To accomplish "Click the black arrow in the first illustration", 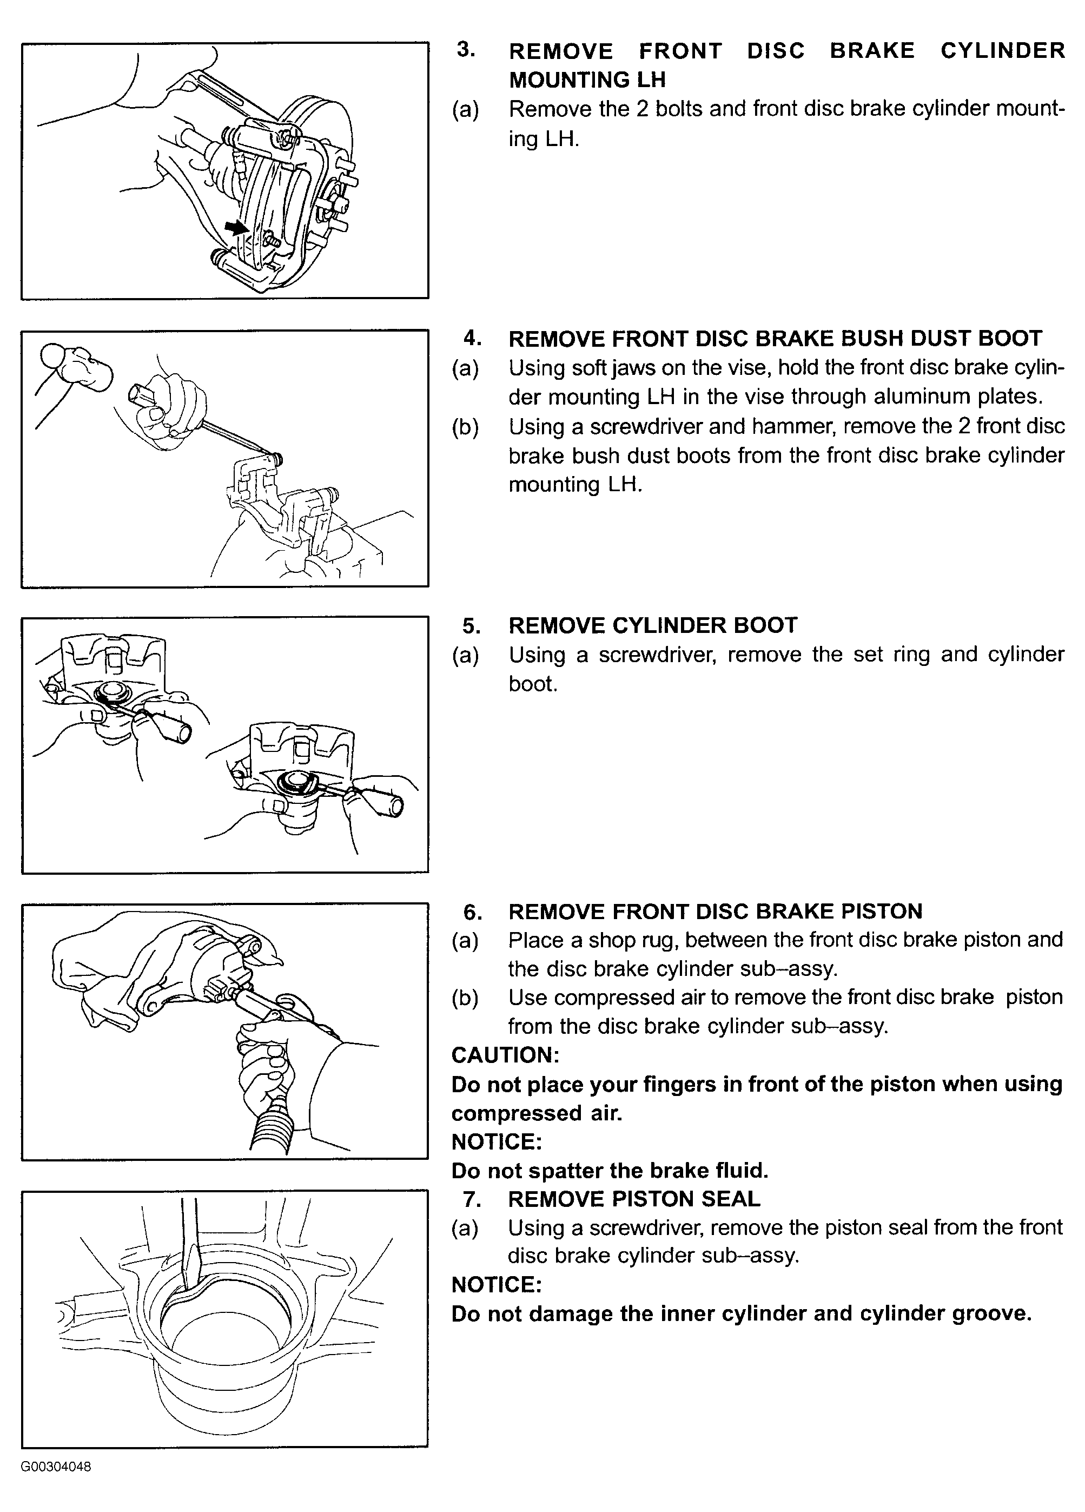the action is click(235, 227).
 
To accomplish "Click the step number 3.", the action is click(466, 50).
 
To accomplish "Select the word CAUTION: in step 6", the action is click(505, 1055).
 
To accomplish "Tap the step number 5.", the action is click(471, 625).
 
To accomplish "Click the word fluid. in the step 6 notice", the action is click(743, 1171).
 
